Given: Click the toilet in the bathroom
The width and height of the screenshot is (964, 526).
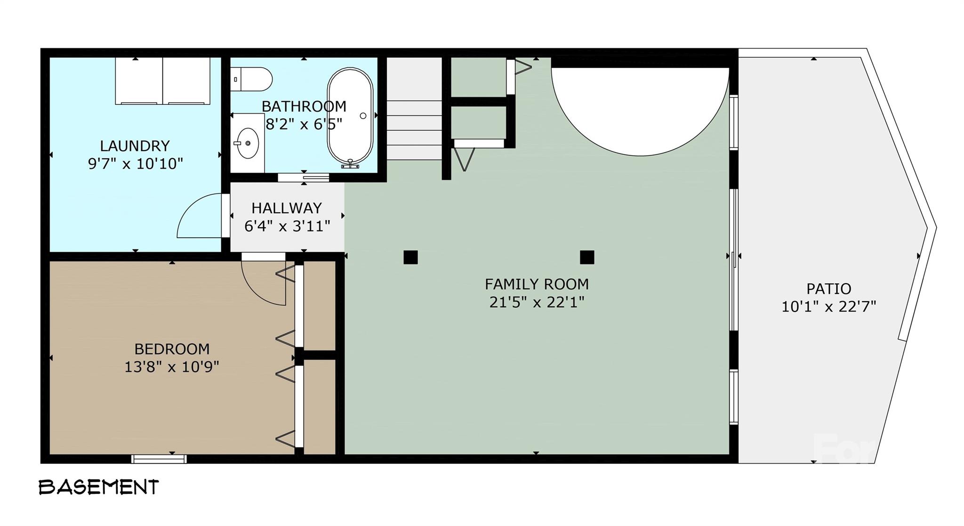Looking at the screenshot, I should tap(252, 79).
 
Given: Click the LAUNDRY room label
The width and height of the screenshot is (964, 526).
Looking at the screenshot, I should tap(135, 145).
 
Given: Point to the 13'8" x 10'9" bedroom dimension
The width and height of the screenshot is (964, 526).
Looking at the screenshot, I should tap(171, 367).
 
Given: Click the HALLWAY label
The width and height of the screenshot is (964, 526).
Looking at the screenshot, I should tap(286, 208).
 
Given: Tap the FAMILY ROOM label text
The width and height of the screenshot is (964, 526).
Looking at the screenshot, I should tap(537, 284).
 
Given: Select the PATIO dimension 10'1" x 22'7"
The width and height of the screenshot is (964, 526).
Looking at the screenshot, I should tap(828, 307).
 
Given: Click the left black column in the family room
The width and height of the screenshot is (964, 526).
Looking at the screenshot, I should tap(410, 257).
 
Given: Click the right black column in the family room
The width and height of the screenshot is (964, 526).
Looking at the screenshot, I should tap(586, 257).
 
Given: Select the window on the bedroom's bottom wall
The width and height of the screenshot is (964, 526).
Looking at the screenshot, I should tap(159, 459).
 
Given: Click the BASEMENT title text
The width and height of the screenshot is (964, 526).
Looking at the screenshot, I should tap(99, 487).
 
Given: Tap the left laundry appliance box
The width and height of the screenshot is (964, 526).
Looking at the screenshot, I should tap(139, 80).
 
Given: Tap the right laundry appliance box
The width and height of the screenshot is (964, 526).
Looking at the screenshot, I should tap(186, 80).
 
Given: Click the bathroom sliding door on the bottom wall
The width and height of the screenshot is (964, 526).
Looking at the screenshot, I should tap(304, 177).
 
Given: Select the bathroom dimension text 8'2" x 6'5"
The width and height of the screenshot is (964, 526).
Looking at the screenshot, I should tap(304, 124).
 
